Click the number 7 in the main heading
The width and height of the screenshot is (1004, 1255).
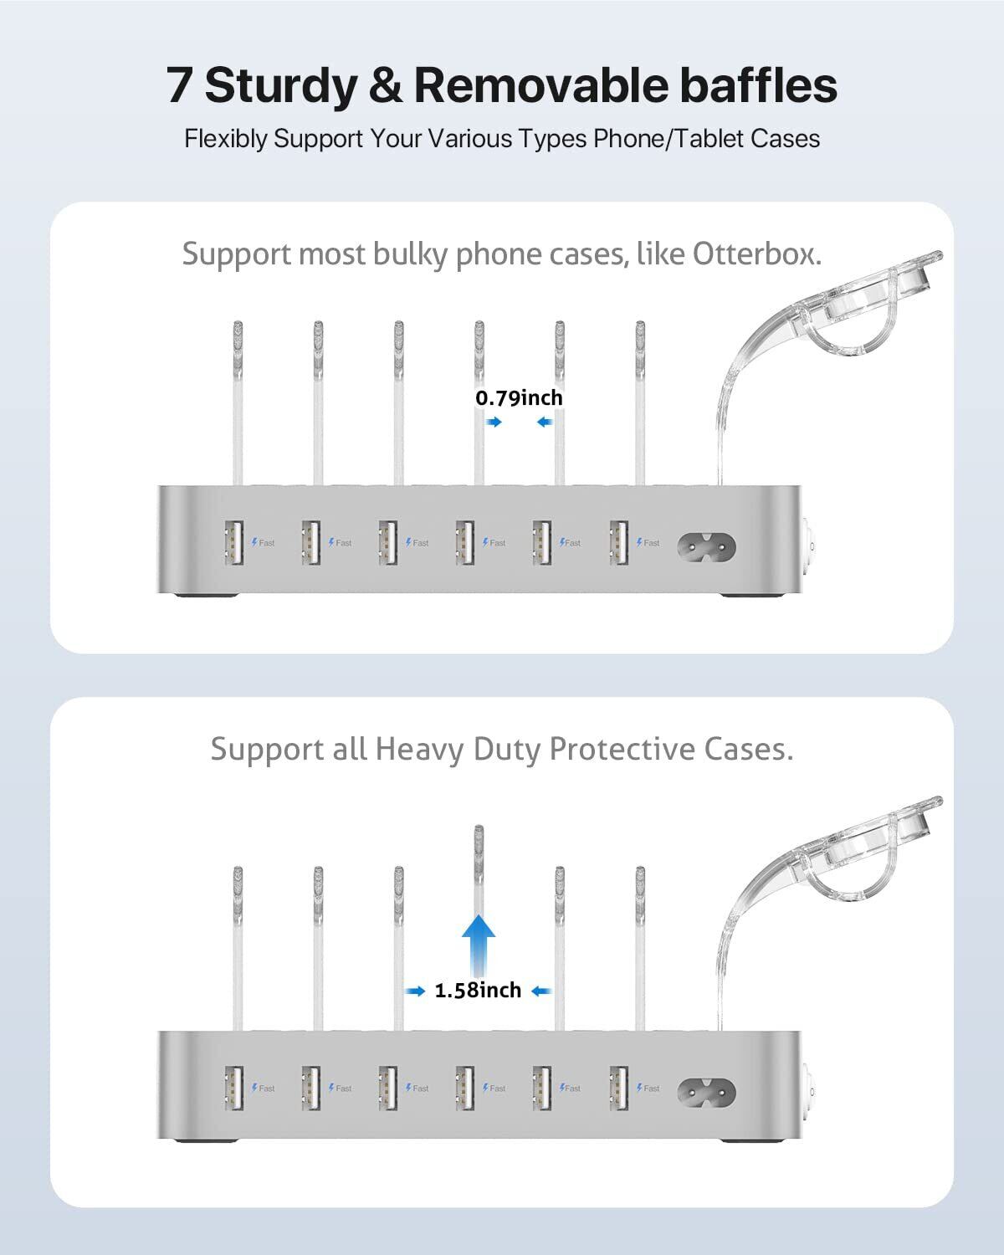click(x=179, y=86)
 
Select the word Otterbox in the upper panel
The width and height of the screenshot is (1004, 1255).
click(x=756, y=253)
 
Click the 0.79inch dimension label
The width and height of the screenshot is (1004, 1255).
click(x=520, y=397)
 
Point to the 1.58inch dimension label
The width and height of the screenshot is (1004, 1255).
click(x=478, y=991)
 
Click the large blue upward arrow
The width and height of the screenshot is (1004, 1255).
click(x=479, y=943)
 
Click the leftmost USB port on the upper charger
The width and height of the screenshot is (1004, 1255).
click(x=233, y=542)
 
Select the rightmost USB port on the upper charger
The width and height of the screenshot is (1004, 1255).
click(x=619, y=542)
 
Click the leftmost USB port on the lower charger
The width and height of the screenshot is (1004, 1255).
click(x=233, y=1087)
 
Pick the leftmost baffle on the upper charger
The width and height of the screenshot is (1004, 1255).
click(x=237, y=402)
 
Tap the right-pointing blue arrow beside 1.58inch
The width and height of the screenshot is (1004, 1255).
click(x=415, y=991)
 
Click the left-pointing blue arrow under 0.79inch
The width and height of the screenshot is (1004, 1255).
click(x=545, y=423)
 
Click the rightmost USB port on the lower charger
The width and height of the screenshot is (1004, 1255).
click(x=619, y=1087)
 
